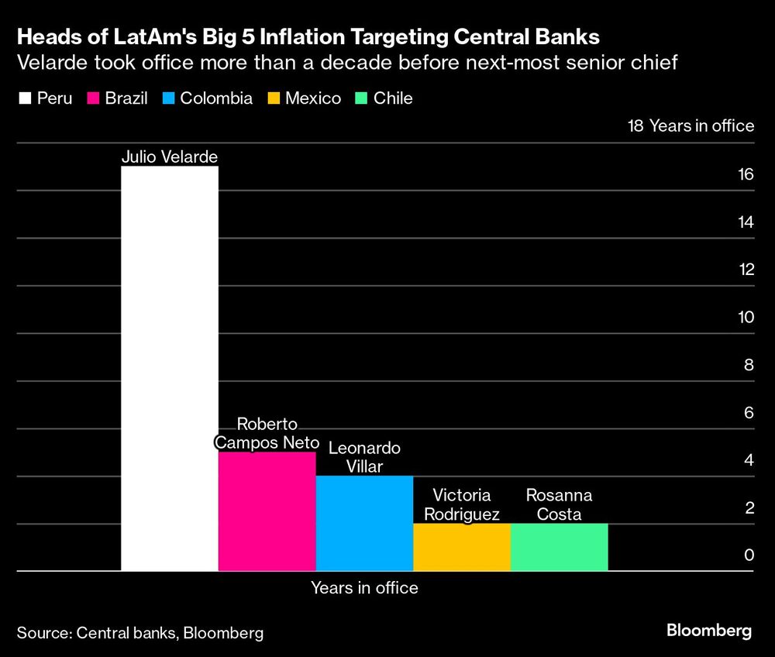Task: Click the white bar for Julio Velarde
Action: click(x=170, y=368)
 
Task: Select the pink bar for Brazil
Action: click(x=267, y=511)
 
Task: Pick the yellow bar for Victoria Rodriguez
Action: click(x=462, y=547)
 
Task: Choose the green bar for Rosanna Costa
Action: click(x=559, y=547)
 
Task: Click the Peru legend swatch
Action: click(x=24, y=98)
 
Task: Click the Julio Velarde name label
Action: click(x=170, y=157)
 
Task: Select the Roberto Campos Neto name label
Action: click(x=267, y=434)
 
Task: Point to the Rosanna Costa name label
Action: click(x=559, y=505)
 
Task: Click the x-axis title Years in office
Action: click(x=364, y=588)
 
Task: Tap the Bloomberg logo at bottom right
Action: click(x=708, y=631)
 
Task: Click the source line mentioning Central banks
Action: click(x=140, y=633)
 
